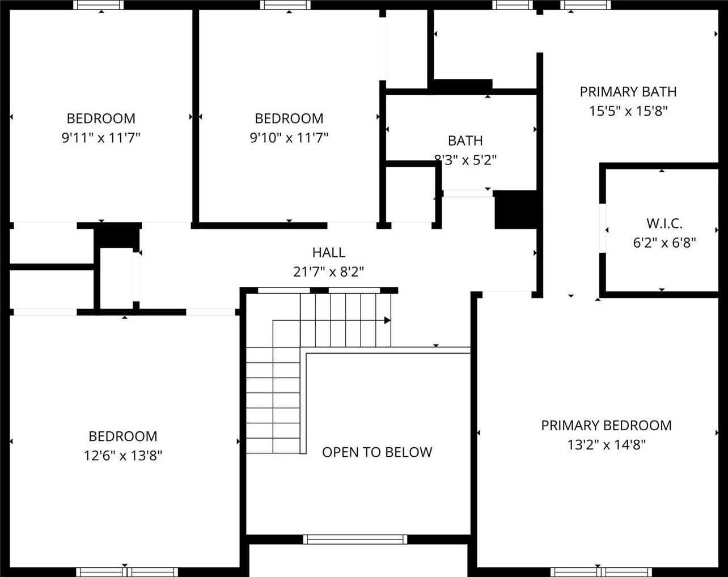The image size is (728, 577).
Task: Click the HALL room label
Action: point(328,252)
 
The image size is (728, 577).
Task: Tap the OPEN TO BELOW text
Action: point(377,452)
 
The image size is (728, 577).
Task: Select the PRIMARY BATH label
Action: point(628,92)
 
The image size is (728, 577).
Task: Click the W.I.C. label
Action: point(664,223)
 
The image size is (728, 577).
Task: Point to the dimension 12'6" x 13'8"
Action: point(123,456)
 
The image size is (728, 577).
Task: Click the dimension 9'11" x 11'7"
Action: point(101,138)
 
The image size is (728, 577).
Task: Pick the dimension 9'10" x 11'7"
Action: point(289,138)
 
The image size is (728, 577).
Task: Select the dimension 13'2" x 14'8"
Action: point(607,445)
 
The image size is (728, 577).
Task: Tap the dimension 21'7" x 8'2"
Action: point(328,271)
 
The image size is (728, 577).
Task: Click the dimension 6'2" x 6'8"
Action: point(664,243)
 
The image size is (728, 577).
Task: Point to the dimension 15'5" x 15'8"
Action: point(628,111)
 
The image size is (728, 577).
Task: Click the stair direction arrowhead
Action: point(388,320)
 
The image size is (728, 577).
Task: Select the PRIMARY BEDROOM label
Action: point(607,426)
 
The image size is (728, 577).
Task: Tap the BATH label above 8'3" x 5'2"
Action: point(465,141)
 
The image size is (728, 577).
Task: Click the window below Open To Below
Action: point(355,539)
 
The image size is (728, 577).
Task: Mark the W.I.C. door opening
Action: point(602,228)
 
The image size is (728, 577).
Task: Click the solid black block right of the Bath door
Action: point(516,210)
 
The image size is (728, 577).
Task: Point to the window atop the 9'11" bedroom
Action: point(99,5)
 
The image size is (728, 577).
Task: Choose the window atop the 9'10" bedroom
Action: point(285,5)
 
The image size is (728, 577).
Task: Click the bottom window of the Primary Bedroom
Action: point(601,572)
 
